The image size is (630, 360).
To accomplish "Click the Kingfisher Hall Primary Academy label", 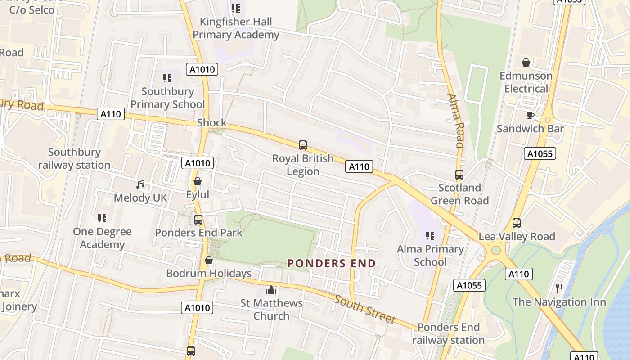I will tap(236, 28).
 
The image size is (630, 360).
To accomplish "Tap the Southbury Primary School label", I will tap(167, 98).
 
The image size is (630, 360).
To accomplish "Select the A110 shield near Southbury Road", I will tap(111, 114).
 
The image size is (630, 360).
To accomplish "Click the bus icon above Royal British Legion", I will tap(303, 145).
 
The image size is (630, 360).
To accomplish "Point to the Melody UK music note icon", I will tap(141, 184).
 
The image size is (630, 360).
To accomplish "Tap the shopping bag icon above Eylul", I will tap(197, 181).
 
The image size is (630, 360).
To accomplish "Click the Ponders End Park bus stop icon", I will tap(198, 220).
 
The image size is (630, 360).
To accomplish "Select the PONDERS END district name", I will tap(332, 264).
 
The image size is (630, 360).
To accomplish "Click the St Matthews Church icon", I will tap(271, 290).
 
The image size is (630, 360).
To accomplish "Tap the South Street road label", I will tap(364, 309).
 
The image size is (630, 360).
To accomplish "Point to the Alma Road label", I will tap(455, 121).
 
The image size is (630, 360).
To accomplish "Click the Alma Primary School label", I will tap(430, 255).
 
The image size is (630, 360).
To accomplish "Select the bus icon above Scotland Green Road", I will tap(459, 175).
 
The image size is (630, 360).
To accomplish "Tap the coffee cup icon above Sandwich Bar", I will tap(530, 116).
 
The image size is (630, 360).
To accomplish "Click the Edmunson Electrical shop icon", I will tap(526, 63).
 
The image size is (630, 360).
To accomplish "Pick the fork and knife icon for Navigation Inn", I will tap(559, 288).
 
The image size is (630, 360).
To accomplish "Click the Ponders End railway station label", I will tap(448, 333).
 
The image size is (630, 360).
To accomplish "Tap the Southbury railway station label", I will tap(74, 158).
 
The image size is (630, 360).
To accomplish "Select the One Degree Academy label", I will tap(102, 238).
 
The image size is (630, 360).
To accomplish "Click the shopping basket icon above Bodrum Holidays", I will tap(208, 260).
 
